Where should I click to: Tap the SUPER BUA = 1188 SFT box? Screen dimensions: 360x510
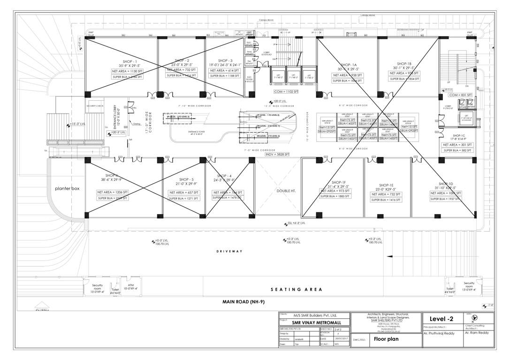point(224,75)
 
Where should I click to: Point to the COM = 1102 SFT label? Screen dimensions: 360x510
point(286,92)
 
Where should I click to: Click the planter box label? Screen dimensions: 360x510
point(66,188)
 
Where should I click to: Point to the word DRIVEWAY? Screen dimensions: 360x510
point(229,252)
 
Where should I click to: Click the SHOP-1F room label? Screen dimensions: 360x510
point(338,182)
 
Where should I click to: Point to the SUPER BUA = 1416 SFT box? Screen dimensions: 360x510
point(388,200)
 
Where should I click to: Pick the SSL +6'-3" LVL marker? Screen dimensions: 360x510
point(296,224)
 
